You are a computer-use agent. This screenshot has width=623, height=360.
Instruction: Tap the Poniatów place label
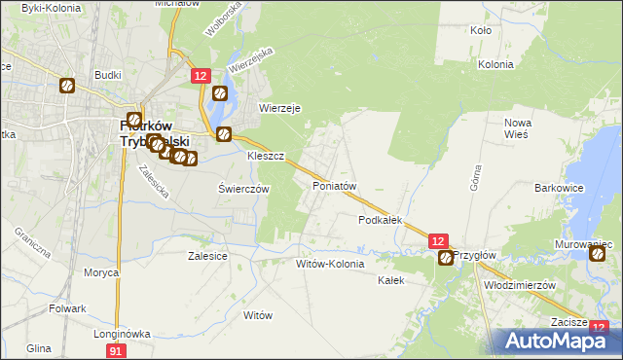coord(335,185)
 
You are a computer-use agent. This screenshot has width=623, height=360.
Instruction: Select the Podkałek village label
coord(381,221)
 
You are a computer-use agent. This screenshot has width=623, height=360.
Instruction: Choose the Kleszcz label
coord(265,156)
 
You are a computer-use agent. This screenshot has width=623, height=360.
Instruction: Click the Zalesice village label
coord(207,256)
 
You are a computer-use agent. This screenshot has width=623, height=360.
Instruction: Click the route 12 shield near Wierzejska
coord(200,75)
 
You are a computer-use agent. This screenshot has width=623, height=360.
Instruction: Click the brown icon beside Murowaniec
coord(598,255)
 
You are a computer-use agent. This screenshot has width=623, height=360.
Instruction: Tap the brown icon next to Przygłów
coord(446,258)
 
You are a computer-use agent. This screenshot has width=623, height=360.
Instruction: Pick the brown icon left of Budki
coord(66,86)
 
